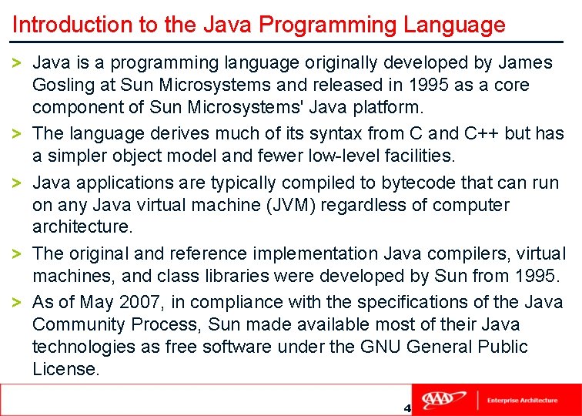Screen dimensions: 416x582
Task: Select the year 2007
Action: point(139,302)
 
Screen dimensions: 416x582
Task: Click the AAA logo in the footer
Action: point(447,400)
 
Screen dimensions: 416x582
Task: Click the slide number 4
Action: point(406,408)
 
